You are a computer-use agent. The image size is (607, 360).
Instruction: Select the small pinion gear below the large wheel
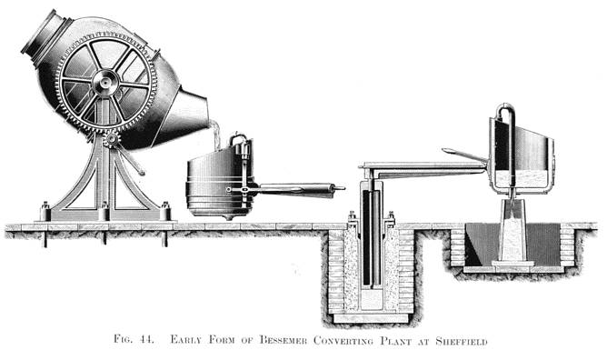[x=111, y=139]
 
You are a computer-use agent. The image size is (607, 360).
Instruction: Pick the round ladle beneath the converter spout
[x=217, y=186]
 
